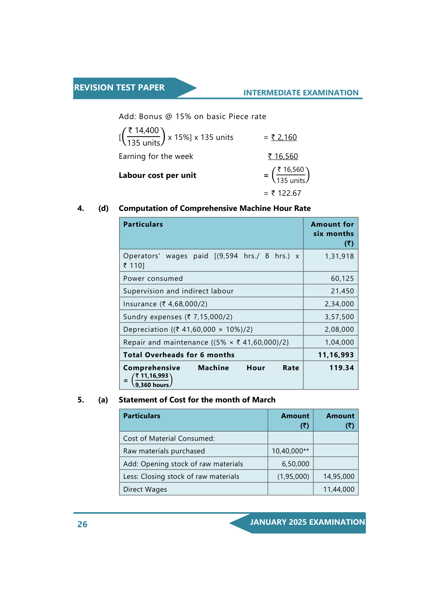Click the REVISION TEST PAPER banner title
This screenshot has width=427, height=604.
[x=119, y=88]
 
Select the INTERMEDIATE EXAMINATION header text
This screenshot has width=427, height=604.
[x=301, y=93]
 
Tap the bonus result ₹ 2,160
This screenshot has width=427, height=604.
[x=284, y=137]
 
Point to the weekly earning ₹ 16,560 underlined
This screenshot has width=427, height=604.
[x=283, y=156]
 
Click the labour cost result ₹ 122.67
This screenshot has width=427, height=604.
[x=286, y=193]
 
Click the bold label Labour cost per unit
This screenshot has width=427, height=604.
[x=157, y=175]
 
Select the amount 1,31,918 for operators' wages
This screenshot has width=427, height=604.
[x=339, y=256]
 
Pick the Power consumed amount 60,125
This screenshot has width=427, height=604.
[x=342, y=279]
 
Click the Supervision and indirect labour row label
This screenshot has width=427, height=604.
[x=178, y=291]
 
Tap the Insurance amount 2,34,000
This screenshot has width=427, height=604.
[x=339, y=304]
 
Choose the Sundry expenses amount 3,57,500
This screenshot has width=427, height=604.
[x=339, y=317]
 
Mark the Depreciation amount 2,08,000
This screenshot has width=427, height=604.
[x=339, y=330]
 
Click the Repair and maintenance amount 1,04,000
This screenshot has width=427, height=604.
[x=339, y=343]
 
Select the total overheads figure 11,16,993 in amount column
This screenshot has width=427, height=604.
[x=336, y=355]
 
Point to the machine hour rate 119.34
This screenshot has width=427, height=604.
[x=341, y=368]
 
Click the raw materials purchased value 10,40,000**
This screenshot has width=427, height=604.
[x=290, y=451]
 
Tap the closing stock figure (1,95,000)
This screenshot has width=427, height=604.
[x=293, y=477]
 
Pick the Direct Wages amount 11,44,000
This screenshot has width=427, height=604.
[x=338, y=490]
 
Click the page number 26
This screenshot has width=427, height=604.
[x=82, y=524]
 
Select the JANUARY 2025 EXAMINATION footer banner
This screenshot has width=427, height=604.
[x=307, y=522]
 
